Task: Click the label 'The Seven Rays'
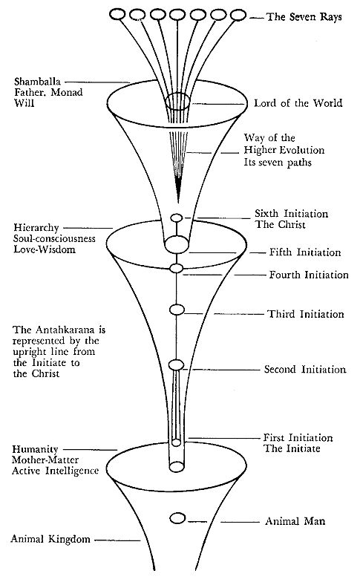pyautogui.click(x=304, y=16)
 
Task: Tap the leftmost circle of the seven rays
pyautogui.click(x=117, y=15)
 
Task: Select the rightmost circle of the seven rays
pyautogui.click(x=238, y=15)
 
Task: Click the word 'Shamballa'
pyautogui.click(x=37, y=82)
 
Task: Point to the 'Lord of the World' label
pyautogui.click(x=298, y=102)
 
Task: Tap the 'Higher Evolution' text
pyautogui.click(x=284, y=150)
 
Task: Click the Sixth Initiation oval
pyautogui.click(x=177, y=218)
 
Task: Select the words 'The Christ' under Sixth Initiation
pyautogui.click(x=281, y=224)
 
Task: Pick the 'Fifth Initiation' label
pyautogui.click(x=305, y=252)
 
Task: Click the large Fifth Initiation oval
pyautogui.click(x=177, y=244)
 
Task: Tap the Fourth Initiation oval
pyautogui.click(x=177, y=268)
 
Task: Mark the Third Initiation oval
pyautogui.click(x=177, y=310)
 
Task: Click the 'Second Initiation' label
pyautogui.click(x=305, y=370)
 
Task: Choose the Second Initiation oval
pyautogui.click(x=177, y=365)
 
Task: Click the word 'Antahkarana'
pyautogui.click(x=68, y=330)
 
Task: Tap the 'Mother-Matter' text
pyautogui.click(x=45, y=460)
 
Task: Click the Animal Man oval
pyautogui.click(x=177, y=518)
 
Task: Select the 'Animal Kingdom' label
pyautogui.click(x=50, y=539)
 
